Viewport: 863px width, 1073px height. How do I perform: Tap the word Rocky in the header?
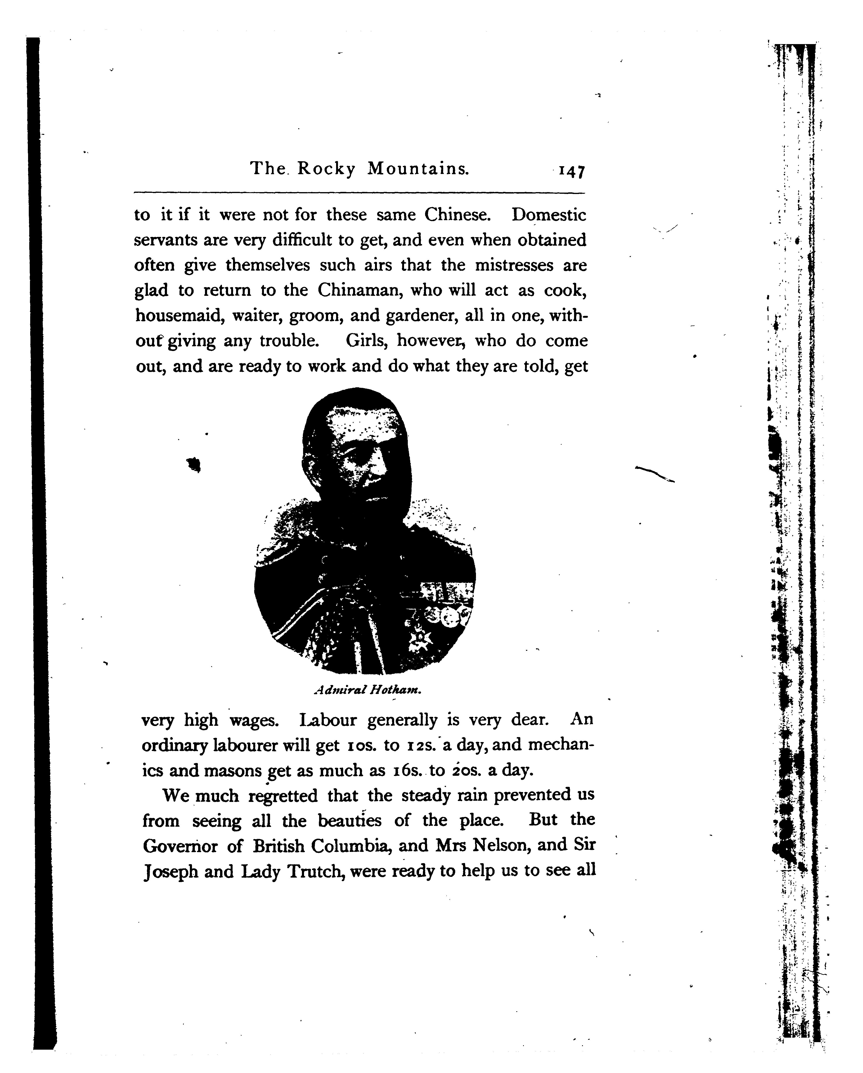326,169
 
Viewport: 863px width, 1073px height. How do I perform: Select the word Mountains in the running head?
418,169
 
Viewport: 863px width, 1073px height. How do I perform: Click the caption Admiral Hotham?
368,690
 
